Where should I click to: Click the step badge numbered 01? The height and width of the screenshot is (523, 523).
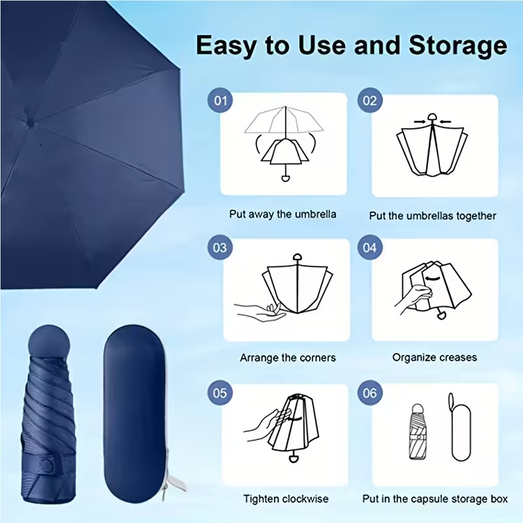tap(220, 101)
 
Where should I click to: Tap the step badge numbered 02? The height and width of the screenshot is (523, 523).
tap(369, 101)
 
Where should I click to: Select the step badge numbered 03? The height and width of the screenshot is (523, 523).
tap(220, 248)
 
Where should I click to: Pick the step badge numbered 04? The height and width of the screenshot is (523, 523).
tap(369, 248)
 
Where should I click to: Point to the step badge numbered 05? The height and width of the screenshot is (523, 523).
tap(220, 393)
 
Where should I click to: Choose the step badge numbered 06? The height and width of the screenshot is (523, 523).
tap(369, 393)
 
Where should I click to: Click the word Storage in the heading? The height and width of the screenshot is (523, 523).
tap(458, 46)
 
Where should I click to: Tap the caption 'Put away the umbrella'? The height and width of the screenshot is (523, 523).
tap(282, 214)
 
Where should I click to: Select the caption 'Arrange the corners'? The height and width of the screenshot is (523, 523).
tap(288, 358)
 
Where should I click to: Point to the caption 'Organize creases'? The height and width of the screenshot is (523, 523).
tap(435, 358)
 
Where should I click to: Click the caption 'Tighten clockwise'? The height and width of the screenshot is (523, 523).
tap(286, 499)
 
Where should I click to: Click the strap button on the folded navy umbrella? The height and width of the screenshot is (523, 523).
tap(48, 465)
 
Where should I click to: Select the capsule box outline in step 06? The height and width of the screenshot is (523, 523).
tap(461, 428)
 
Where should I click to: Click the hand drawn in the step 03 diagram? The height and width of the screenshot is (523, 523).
tap(259, 312)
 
